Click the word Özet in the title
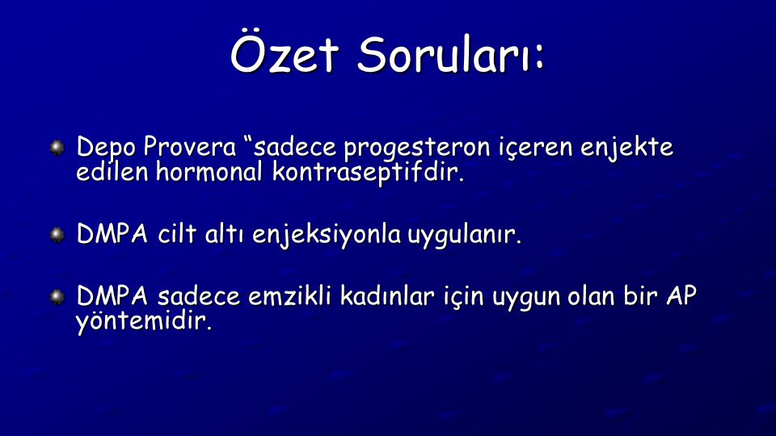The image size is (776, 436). [x=285, y=53]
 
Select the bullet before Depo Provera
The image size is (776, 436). [x=57, y=147]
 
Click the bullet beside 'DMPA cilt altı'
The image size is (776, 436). [x=57, y=234]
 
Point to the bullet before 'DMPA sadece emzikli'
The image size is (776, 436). [x=57, y=296]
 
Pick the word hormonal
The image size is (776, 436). [x=209, y=171]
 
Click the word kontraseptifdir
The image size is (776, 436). [x=369, y=173]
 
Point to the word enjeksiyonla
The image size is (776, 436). [x=327, y=235]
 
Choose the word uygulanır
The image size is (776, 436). [x=465, y=235]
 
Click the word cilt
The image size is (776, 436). [x=177, y=233]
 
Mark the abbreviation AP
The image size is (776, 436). [x=681, y=296]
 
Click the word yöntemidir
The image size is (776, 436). [x=144, y=322]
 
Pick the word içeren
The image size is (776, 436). [x=535, y=148]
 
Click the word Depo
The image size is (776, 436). [x=106, y=148]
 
